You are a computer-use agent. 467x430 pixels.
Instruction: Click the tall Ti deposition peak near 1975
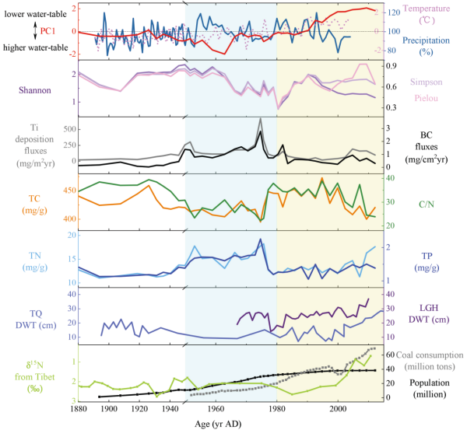click(x=260, y=120)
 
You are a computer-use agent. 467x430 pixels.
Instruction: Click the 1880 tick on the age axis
click(x=77, y=407)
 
